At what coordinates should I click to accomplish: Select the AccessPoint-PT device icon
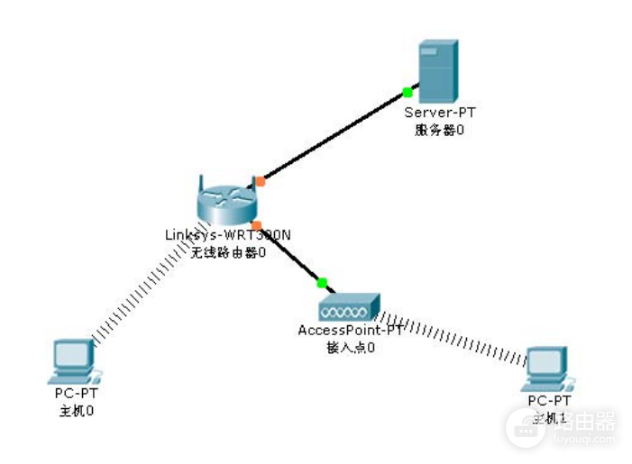[348, 306]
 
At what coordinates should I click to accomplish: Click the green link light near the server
[408, 92]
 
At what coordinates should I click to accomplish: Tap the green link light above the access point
[322, 283]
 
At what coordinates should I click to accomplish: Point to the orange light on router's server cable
[260, 181]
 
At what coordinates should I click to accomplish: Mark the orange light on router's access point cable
[256, 225]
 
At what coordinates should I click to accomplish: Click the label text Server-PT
[439, 113]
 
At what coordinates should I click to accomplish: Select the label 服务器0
[439, 129]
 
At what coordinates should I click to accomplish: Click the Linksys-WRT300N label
[227, 235]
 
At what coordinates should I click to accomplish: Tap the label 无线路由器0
[228, 252]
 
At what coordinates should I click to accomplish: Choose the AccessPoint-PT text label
[350, 331]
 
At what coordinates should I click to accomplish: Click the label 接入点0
[350, 347]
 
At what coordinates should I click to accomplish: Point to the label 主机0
[76, 411]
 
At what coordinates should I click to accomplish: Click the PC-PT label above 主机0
[76, 395]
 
